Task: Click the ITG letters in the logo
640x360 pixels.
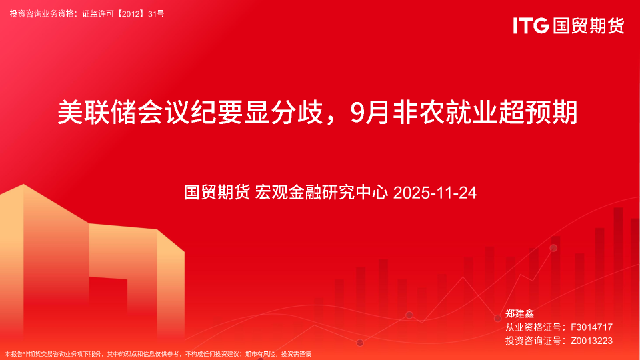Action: (531, 26)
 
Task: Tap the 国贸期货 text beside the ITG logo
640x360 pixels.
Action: (587, 26)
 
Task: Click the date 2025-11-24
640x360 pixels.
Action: (435, 193)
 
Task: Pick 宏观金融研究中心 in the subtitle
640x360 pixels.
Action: (322, 193)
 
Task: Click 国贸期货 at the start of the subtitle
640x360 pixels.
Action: (217, 193)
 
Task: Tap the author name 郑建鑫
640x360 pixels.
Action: (520, 313)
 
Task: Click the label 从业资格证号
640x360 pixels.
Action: (531, 327)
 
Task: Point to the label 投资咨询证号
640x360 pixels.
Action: (531, 341)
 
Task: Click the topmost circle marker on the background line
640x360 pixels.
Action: (553, 248)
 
